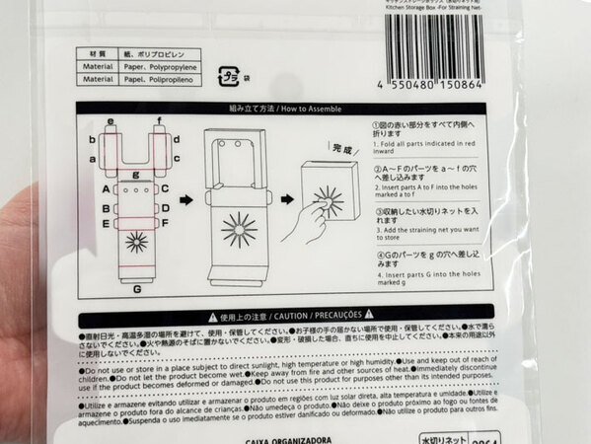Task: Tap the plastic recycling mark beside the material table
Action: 227,72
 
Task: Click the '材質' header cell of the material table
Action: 98,55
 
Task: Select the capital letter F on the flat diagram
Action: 165,224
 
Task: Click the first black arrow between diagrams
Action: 185,200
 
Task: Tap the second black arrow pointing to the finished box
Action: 286,200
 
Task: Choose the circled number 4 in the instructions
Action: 377,253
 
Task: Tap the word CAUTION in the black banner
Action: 297,317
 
